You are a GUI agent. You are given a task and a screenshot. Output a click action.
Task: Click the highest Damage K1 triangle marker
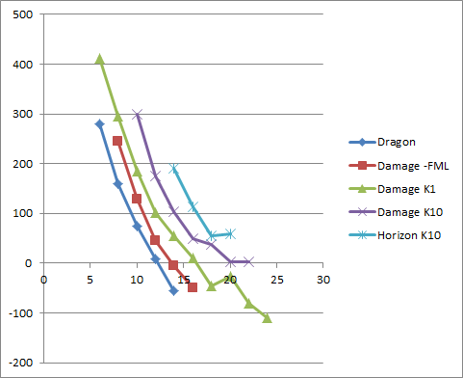click(x=99, y=59)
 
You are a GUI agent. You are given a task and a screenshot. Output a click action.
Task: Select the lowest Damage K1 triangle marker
click(x=268, y=317)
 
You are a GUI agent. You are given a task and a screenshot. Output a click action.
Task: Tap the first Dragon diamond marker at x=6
click(x=99, y=123)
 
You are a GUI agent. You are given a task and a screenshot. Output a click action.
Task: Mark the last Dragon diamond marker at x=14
click(x=174, y=290)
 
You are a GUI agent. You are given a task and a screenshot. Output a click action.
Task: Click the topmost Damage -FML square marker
click(x=117, y=141)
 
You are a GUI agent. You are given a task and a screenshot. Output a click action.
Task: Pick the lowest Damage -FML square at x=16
click(x=193, y=287)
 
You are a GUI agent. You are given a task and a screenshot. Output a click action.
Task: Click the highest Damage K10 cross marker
click(x=137, y=114)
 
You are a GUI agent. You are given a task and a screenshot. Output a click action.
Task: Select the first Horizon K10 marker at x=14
click(x=174, y=169)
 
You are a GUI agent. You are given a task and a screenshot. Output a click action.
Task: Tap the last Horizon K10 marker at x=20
click(x=230, y=233)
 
